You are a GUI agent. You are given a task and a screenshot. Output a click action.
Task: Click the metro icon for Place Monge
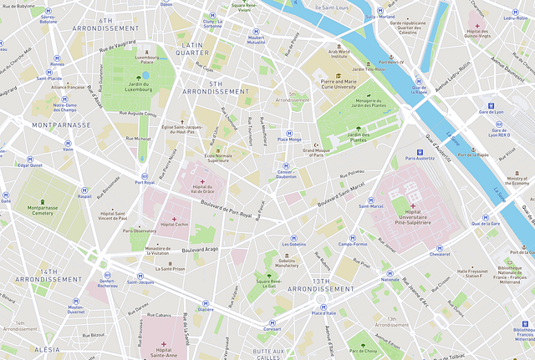[x=289, y=132]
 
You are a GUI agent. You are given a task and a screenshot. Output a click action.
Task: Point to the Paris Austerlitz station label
[x=421, y=158]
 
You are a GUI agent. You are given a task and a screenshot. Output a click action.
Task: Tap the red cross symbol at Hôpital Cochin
[x=175, y=218]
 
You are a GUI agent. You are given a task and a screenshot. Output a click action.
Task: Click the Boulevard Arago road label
[x=200, y=248]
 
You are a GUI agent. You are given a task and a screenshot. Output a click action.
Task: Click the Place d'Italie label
[x=324, y=312]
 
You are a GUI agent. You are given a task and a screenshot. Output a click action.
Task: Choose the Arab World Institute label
[x=339, y=54]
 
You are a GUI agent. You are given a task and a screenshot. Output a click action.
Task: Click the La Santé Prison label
[x=170, y=269]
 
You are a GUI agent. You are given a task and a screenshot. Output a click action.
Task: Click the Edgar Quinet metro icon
[x=30, y=158]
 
